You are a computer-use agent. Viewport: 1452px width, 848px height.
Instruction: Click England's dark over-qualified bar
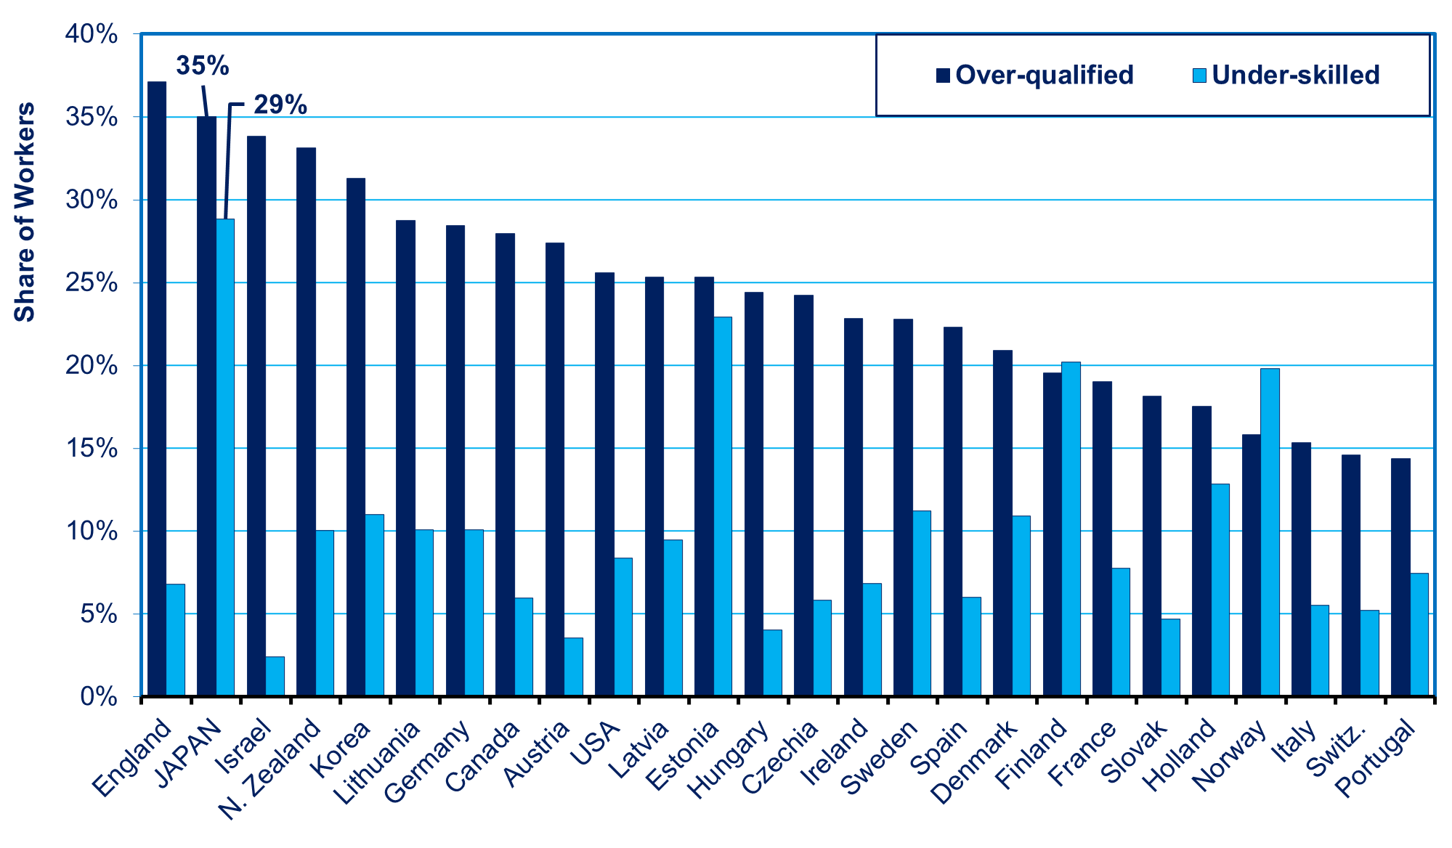[157, 389]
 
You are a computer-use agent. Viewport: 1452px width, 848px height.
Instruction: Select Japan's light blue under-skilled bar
[225, 457]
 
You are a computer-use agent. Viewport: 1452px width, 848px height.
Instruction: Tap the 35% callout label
[203, 66]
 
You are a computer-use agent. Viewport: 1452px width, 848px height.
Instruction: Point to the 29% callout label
[280, 105]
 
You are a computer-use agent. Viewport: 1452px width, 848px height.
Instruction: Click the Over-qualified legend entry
[1035, 75]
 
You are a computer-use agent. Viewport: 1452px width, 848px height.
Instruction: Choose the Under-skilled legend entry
[1286, 75]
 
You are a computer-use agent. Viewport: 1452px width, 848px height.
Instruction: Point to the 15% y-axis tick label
[92, 448]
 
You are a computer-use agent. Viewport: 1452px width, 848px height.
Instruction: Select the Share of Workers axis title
[25, 212]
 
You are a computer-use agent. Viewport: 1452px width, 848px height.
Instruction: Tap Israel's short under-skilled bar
[275, 677]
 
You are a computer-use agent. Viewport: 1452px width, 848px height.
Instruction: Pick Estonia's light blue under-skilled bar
[723, 507]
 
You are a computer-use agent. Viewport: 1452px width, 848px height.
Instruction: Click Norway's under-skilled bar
[1270, 532]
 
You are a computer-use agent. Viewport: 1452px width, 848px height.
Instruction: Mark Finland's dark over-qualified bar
[1053, 534]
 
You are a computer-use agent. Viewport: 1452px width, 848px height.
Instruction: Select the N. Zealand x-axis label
[269, 770]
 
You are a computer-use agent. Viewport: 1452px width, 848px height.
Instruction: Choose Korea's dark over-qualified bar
[356, 437]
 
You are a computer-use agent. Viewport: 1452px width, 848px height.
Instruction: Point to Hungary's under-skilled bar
[772, 663]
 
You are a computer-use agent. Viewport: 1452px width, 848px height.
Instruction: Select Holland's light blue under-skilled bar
[1220, 590]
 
